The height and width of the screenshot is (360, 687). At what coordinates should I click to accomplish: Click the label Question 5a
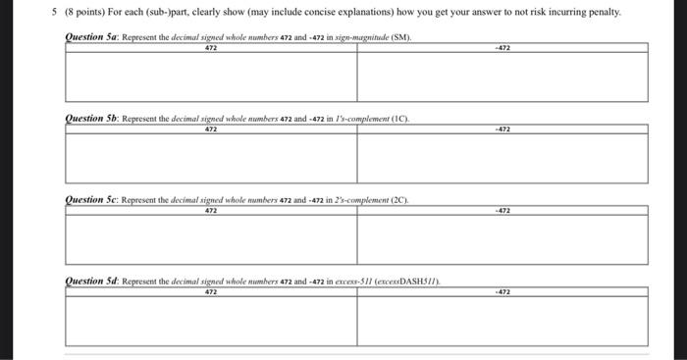tap(90, 36)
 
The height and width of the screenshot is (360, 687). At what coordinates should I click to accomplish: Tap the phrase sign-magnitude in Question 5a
tap(357, 37)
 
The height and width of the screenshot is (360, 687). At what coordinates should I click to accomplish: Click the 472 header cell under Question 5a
tap(210, 47)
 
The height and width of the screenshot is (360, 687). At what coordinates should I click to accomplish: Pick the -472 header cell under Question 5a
tap(502, 47)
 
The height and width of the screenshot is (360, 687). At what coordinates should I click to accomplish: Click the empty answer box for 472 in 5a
tap(210, 76)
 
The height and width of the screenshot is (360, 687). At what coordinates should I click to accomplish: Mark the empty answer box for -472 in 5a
tap(502, 76)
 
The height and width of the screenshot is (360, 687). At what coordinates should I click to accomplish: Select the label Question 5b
tap(90, 119)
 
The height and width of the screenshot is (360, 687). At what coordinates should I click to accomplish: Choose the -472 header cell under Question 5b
tap(502, 129)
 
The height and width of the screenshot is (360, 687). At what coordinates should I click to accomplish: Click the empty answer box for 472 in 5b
tap(210, 157)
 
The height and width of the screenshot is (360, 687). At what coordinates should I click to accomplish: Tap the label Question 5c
tap(90, 200)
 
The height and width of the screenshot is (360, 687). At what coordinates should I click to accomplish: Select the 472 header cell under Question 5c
tap(210, 210)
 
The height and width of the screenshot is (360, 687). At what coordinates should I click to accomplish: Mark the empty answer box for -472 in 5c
tap(502, 238)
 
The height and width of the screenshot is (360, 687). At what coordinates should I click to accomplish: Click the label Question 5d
tap(90, 282)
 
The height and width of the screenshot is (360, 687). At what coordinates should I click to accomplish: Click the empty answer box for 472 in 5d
tap(210, 321)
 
